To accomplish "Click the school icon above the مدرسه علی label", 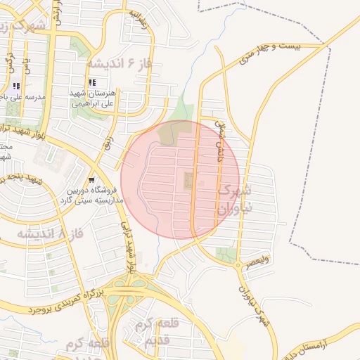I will point(16,86).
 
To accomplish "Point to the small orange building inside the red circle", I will point(188,181).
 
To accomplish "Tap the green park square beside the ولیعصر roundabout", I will point(226,255).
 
